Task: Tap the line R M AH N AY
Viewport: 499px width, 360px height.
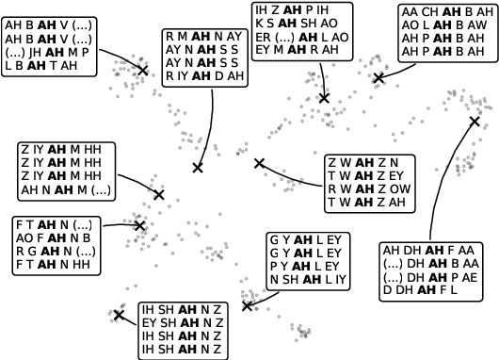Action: click(x=203, y=37)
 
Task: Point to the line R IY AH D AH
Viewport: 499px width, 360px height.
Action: click(x=203, y=76)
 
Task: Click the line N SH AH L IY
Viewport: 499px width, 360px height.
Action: click(x=309, y=279)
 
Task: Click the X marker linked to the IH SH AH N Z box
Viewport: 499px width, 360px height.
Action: click(x=119, y=315)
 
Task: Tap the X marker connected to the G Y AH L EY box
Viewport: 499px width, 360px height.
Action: click(x=248, y=305)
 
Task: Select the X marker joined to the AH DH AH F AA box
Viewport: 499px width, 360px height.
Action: click(x=475, y=121)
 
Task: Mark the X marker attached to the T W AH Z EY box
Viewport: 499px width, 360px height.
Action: click(x=260, y=163)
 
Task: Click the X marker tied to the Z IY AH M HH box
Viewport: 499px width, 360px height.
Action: click(x=159, y=194)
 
